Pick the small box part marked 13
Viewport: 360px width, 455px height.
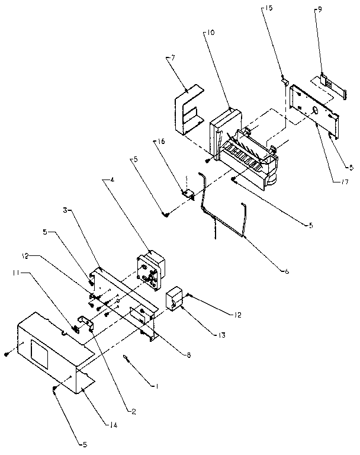click(175, 300)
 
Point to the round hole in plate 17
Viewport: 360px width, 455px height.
click(314, 111)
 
